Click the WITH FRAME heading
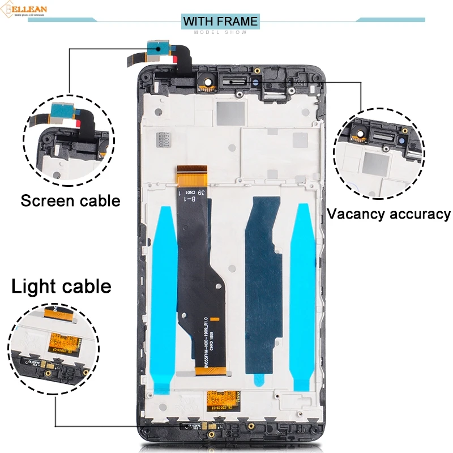[220, 22]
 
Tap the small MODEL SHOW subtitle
[220, 32]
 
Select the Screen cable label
[71, 200]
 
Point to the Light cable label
[61, 286]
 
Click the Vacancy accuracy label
[389, 214]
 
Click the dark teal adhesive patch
[263, 283]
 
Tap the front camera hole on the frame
[208, 82]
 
